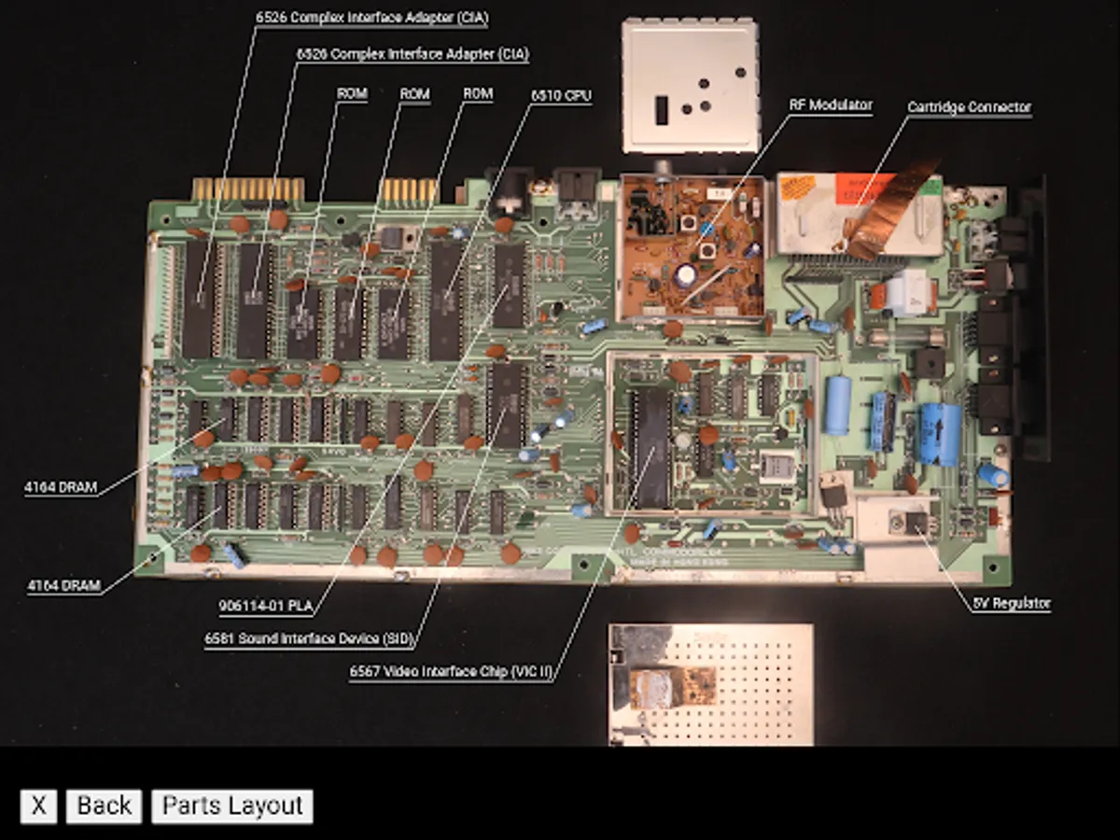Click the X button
38,805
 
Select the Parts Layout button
232,805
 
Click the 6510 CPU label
561,95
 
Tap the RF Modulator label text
830,105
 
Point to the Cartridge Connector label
969,107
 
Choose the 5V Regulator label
1011,603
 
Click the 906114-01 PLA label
264,606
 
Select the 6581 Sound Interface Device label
308,638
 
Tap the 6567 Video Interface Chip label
451,671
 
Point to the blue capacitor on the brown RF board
686,273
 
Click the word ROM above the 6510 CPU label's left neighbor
478,93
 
